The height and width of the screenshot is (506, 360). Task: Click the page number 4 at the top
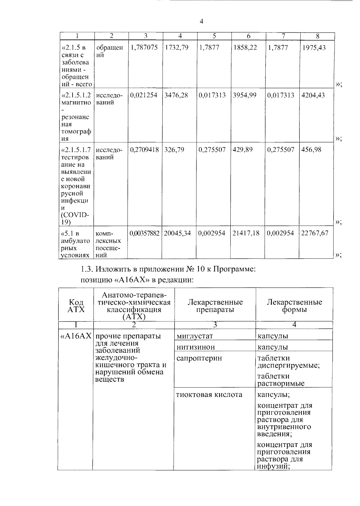click(201, 21)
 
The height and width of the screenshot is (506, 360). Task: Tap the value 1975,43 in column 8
click(313, 48)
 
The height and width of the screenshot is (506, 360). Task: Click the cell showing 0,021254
click(144, 95)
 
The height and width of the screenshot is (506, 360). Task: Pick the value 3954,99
click(245, 95)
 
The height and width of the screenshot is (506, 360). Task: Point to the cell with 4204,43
click(313, 95)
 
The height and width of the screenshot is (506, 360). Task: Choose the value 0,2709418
click(144, 150)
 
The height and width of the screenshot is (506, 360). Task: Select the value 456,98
click(311, 150)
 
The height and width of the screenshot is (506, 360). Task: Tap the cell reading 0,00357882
click(145, 233)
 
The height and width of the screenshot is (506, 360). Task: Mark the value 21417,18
click(246, 233)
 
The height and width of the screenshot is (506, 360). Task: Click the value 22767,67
click(315, 233)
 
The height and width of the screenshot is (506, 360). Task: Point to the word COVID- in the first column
click(75, 215)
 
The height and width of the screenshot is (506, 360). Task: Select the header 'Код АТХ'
click(76, 306)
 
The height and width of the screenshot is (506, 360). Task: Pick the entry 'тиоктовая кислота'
click(209, 394)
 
